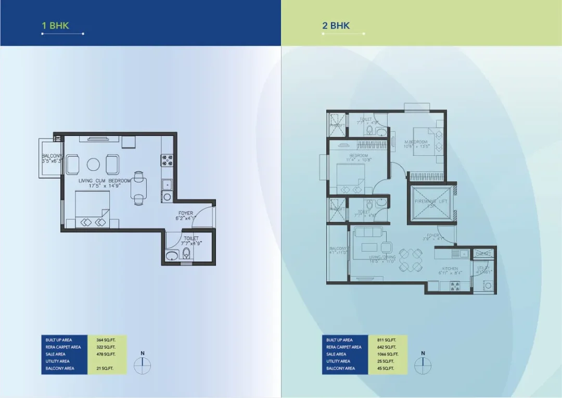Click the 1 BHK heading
(x=56, y=25)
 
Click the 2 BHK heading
(x=336, y=25)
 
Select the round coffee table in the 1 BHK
(x=93, y=165)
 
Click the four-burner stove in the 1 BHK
(x=168, y=159)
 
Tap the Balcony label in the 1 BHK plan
(x=52, y=158)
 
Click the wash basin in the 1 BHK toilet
(x=171, y=255)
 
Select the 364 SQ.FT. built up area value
(x=105, y=340)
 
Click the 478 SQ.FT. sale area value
(x=105, y=354)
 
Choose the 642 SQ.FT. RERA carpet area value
(x=386, y=347)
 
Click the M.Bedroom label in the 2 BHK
(x=416, y=144)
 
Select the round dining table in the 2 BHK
(x=412, y=260)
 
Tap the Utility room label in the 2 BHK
(x=483, y=270)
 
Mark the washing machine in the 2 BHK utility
(x=488, y=285)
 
